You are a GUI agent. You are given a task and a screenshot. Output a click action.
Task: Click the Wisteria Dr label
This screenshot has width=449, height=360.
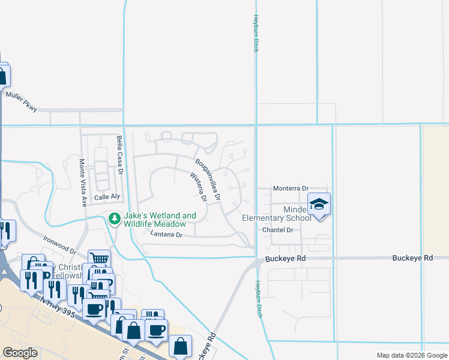click(x=198, y=187)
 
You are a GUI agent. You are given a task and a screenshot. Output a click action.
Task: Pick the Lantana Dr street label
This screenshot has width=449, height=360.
click(x=166, y=235)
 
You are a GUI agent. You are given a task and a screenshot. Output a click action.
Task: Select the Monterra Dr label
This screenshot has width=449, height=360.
click(x=291, y=188)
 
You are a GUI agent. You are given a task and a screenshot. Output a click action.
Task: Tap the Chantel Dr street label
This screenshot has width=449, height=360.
click(x=277, y=230)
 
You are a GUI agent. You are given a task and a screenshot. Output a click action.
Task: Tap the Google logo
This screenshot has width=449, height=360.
click(x=20, y=353)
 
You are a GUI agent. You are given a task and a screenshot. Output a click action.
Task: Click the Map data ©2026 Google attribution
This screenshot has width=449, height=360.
click(x=412, y=355)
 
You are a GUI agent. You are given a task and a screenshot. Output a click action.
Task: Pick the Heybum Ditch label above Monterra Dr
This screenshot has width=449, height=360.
click(x=256, y=34)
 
